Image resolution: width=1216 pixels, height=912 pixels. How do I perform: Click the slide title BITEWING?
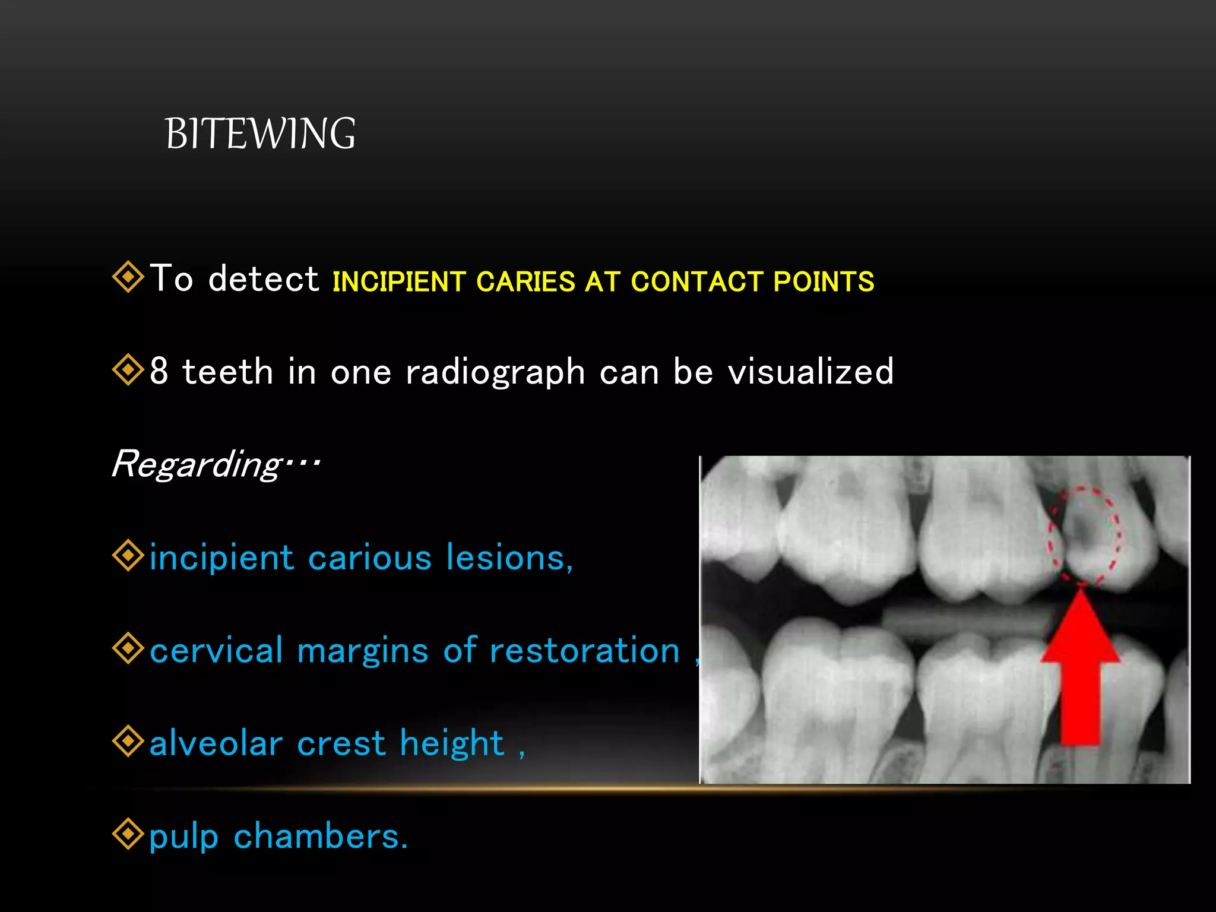pos(260,134)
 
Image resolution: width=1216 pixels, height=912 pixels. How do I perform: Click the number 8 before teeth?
pos(159,372)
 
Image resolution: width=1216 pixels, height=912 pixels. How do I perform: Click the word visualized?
pos(810,372)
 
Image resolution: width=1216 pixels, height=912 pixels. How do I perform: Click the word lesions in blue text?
pos(509,558)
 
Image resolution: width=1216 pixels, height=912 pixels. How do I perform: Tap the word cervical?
pos(216,650)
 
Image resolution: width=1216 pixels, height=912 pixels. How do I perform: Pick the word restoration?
pos(584,650)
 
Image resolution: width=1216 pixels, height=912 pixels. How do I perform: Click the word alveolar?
pos(216,743)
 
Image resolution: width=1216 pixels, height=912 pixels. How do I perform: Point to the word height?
pos(452,743)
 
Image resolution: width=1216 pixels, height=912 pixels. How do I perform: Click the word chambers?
pos(320,836)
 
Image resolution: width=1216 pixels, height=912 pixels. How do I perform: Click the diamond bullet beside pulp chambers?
pos(128,834)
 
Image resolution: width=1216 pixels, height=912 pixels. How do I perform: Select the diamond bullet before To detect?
pos(128,277)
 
